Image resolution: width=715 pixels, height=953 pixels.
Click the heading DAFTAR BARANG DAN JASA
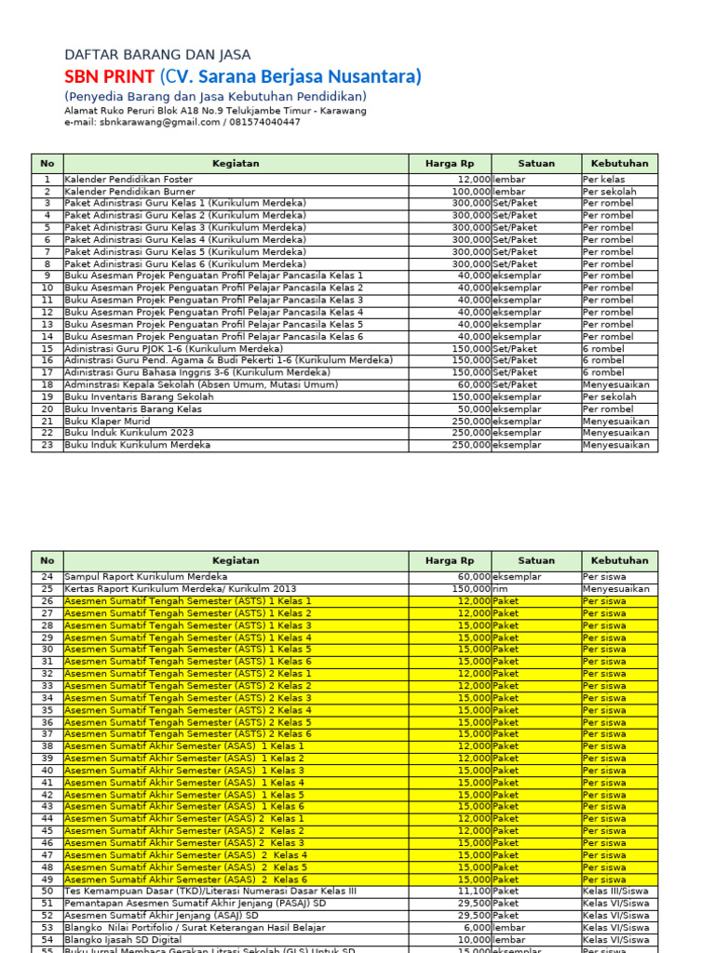pos(157,55)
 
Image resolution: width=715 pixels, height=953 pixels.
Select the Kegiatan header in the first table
pos(236,164)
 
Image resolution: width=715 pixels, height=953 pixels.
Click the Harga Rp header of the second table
pos(450,561)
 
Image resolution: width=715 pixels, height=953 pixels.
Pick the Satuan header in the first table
pos(536,164)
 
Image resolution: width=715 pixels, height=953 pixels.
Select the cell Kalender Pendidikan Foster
pos(128,179)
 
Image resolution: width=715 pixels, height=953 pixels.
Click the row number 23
pos(47,445)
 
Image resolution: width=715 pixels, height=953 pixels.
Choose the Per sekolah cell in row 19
pos(609,396)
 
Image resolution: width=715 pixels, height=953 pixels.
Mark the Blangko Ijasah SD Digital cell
pos(124,940)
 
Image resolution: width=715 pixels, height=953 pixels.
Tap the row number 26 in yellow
pos(47,601)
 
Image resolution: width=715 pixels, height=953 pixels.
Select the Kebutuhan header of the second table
pos(619,561)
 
